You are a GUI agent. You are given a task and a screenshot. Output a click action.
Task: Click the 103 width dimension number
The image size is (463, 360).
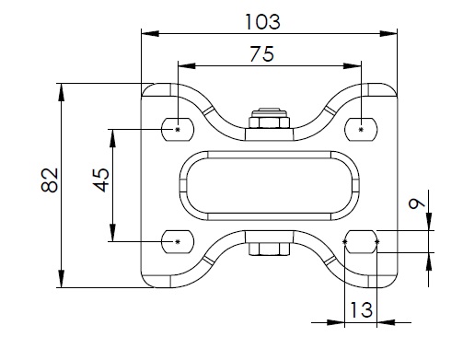point(262,22)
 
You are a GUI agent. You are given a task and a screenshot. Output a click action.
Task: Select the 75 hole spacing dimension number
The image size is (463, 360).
point(261,54)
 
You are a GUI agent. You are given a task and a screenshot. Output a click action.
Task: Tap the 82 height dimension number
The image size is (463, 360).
point(50,180)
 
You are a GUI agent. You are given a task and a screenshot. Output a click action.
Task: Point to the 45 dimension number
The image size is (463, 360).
point(101,180)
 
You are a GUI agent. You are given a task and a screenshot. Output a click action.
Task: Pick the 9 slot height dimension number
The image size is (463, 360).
point(417,203)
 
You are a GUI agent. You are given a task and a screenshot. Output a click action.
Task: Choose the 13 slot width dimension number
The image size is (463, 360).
point(361,309)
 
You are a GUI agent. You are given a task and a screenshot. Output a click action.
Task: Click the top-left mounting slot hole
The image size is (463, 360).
point(178,129)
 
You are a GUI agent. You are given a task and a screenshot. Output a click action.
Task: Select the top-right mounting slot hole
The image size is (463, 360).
point(361,129)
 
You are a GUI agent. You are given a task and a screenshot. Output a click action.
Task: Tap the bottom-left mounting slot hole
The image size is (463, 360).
point(178,242)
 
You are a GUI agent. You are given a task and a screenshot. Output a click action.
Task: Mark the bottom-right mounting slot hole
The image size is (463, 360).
point(361,242)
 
